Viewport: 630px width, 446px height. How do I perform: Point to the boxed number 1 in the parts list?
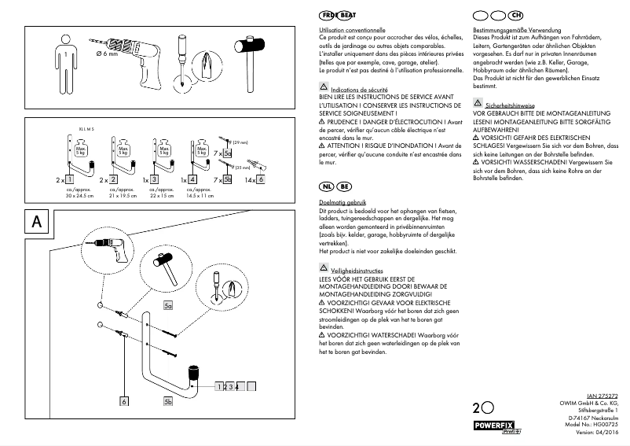coord(70,180)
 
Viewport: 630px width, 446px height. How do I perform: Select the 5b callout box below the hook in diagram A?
coord(168,402)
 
